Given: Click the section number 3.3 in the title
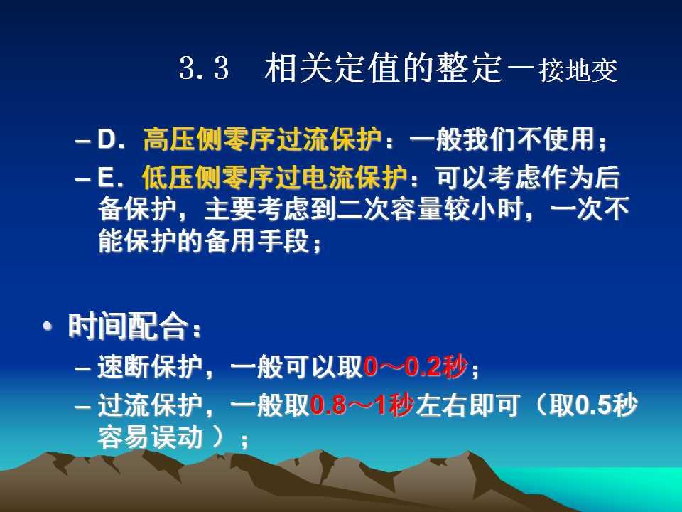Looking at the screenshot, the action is [204, 68].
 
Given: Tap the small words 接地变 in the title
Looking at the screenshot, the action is [578, 70].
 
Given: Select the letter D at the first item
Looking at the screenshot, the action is [106, 139].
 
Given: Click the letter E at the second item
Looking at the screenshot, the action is [105, 178].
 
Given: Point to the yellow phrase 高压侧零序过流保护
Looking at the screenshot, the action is [262, 139].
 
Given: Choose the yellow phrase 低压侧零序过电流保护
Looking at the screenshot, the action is [274, 178].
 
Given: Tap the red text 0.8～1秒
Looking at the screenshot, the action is [362, 405].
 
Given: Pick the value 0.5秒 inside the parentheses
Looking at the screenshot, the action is [606, 405].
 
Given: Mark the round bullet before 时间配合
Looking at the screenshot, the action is [48, 326].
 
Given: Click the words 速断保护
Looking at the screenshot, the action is [150, 367].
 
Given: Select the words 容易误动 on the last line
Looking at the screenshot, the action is [150, 437].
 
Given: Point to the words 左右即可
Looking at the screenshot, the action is [467, 405].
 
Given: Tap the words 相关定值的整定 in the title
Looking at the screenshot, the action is [384, 68].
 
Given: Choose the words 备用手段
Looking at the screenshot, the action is [256, 241].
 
